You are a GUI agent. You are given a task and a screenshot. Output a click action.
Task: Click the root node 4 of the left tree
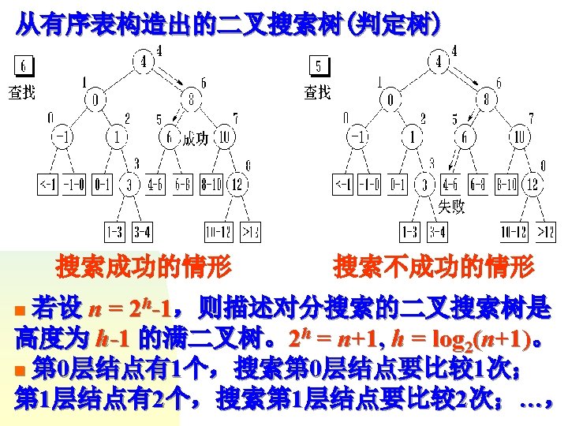click(144, 61)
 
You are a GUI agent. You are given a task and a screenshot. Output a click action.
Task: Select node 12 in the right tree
click(532, 185)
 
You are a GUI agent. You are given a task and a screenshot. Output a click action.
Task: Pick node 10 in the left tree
click(225, 137)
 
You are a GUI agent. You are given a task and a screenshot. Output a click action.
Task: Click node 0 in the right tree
click(390, 100)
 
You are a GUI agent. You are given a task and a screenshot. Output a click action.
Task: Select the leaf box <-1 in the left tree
click(47, 185)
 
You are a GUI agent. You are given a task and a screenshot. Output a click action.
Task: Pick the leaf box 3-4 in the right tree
click(436, 233)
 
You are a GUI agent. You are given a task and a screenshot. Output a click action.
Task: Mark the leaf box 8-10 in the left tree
click(211, 185)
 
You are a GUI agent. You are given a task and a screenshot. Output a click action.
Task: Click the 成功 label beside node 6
click(196, 140)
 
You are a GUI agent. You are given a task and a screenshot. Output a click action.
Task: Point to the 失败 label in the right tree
click(450, 207)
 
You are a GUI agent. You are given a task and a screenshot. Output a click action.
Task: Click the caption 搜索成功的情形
click(143, 267)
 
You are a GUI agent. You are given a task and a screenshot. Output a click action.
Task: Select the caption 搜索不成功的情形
click(434, 267)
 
